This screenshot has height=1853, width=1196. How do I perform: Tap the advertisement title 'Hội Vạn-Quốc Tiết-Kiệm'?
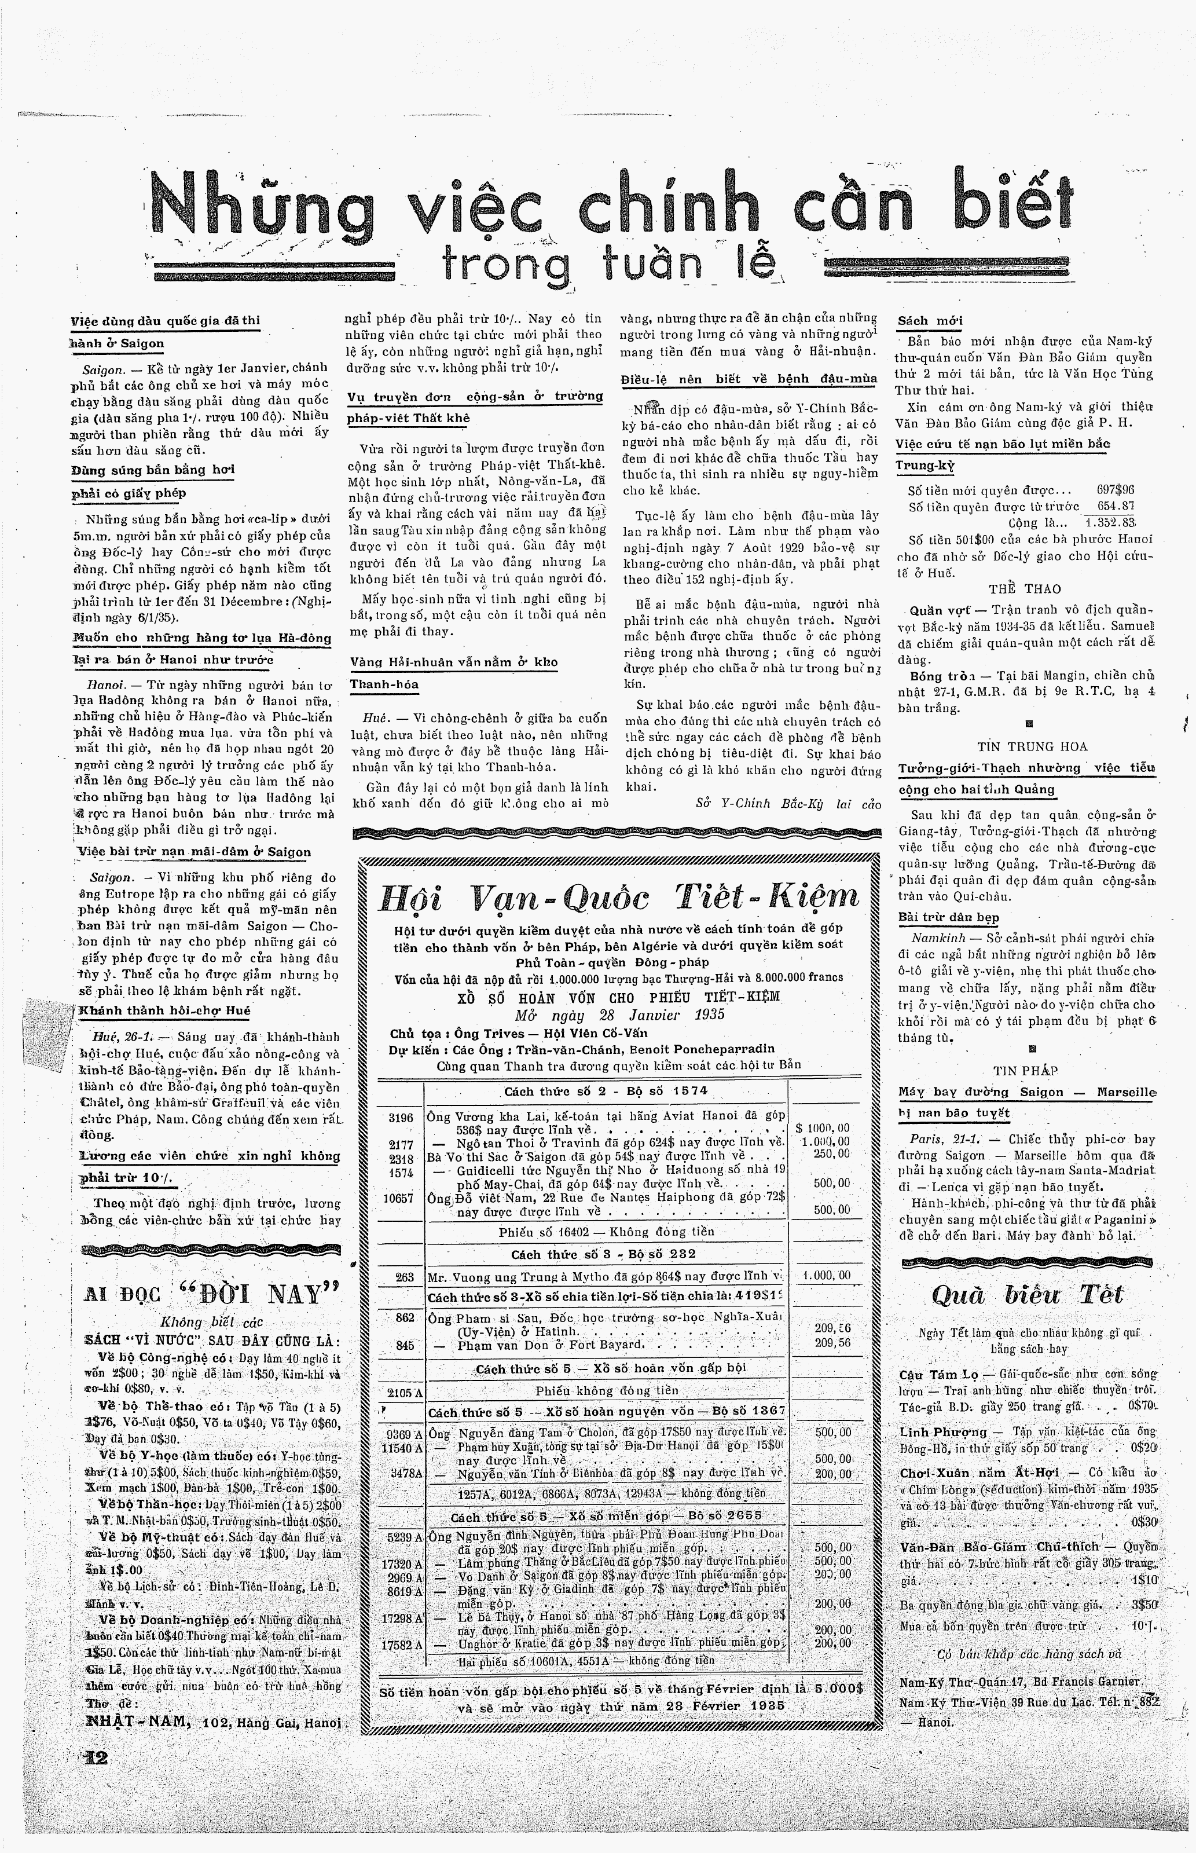pyautogui.click(x=619, y=897)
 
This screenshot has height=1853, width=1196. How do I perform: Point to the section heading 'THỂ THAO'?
pyautogui.click(x=1025, y=589)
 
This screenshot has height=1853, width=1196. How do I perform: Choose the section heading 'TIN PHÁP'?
pyautogui.click(x=1025, y=1070)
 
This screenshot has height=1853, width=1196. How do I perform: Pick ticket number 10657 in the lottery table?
pyautogui.click(x=398, y=1198)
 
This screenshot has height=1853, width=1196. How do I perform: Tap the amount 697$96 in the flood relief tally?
pyautogui.click(x=1114, y=490)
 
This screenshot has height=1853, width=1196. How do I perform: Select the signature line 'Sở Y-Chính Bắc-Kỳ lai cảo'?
pyautogui.click(x=788, y=804)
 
